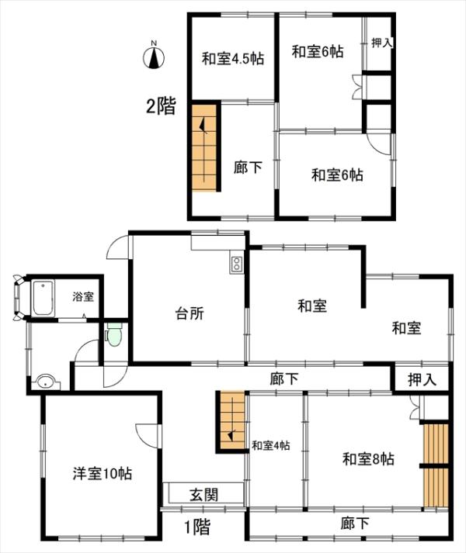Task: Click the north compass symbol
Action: [154, 56]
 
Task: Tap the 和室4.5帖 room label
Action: [233, 58]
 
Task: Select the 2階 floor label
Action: [161, 105]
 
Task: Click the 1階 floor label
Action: [198, 527]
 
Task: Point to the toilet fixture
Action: [114, 334]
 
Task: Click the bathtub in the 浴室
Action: [43, 298]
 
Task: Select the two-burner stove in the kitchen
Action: [236, 264]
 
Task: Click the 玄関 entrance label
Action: [204, 495]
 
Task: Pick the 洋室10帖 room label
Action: [103, 473]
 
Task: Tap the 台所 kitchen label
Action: [190, 313]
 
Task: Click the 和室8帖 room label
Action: [368, 459]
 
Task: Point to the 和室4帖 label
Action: [270, 445]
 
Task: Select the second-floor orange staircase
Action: [204, 148]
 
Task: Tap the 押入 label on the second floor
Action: [381, 43]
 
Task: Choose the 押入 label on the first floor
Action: [423, 379]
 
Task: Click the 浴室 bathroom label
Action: [83, 296]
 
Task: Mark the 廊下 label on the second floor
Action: [248, 168]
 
